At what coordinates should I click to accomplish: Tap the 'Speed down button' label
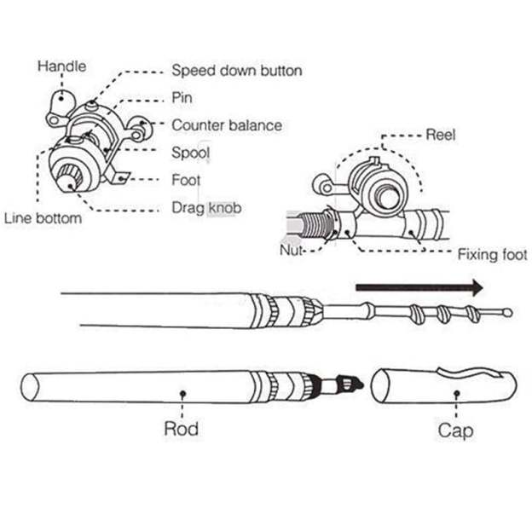[x=236, y=71]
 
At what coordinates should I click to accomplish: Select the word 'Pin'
[x=182, y=98]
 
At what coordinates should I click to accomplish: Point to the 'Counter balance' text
[x=226, y=125]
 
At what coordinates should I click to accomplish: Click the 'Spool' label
[x=191, y=153]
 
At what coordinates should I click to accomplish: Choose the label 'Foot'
[x=187, y=180]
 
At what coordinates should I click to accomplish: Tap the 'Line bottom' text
[x=43, y=218]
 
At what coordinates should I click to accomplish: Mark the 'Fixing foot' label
[x=492, y=254]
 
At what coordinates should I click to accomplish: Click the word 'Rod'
[x=181, y=427]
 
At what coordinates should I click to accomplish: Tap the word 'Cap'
[x=455, y=429]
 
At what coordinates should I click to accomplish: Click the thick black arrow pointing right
[x=419, y=287]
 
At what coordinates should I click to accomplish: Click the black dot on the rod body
[x=182, y=393]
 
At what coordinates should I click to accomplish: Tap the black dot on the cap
[x=456, y=393]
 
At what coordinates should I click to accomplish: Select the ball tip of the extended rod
[x=508, y=313]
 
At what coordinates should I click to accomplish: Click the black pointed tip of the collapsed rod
[x=353, y=385]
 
